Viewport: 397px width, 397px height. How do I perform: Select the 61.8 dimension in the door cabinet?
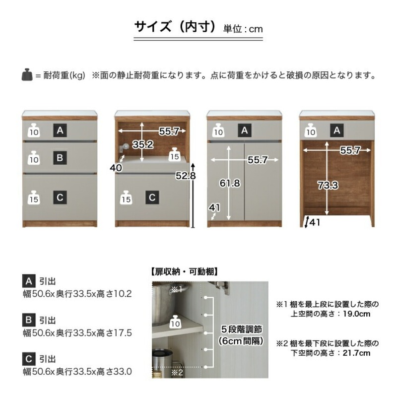click(230, 183)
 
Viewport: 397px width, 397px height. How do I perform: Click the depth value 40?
click(116, 168)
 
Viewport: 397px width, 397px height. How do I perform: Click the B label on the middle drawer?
click(60, 158)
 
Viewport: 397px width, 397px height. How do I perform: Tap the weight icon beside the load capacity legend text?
click(27, 75)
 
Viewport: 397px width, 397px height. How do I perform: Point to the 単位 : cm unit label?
click(243, 29)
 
